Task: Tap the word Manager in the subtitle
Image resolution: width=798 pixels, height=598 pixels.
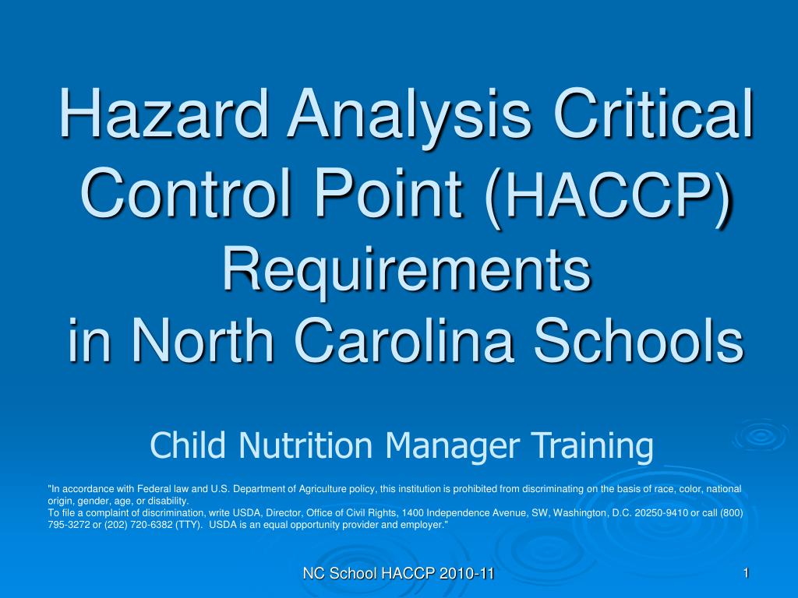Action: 453,446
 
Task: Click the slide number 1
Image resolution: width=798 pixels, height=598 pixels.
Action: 746,573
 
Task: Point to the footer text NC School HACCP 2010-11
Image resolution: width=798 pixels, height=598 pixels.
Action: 398,574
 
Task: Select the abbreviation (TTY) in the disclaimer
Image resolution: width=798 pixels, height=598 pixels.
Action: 185,526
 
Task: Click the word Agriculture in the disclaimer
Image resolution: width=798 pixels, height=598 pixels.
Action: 323,489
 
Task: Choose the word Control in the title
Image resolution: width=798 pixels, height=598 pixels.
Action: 186,193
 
